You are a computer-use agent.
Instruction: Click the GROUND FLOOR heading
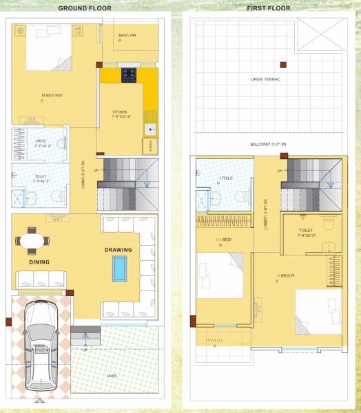click(x=86, y=8)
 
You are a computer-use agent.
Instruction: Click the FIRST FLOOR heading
click(x=268, y=8)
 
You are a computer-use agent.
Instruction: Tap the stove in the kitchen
click(x=130, y=74)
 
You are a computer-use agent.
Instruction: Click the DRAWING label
click(x=118, y=250)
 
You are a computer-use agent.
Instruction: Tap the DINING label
click(x=39, y=262)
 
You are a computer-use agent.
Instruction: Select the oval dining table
click(x=34, y=241)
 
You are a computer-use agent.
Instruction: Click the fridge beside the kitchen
click(x=147, y=146)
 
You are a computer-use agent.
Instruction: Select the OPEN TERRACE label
click(x=265, y=80)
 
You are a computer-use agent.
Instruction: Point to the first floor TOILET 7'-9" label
click(x=307, y=232)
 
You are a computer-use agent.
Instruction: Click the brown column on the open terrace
click(x=282, y=65)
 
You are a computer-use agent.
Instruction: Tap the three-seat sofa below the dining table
click(x=41, y=279)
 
